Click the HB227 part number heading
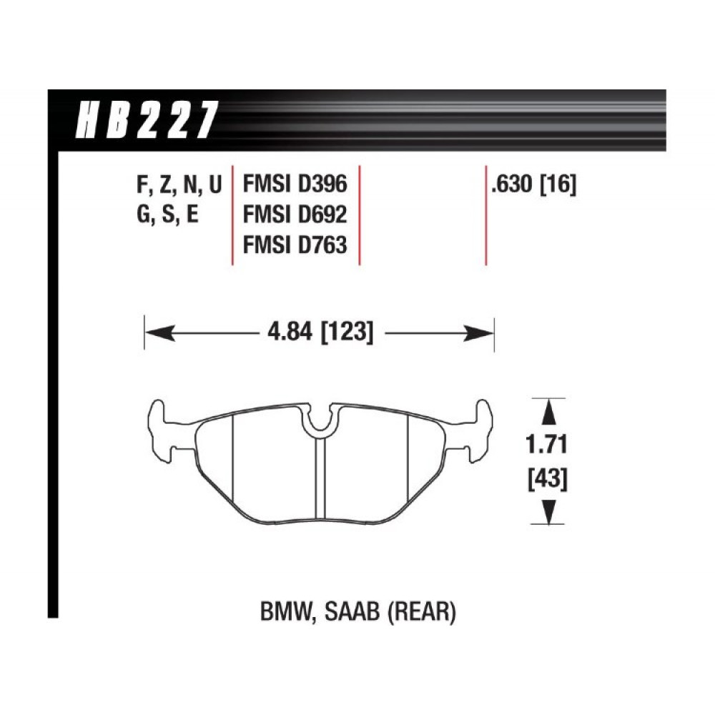[147, 120]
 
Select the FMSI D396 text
[295, 184]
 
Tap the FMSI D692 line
[295, 214]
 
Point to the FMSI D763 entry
[295, 245]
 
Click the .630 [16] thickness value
[533, 184]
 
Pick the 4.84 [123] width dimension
[320, 332]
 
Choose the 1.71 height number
[546, 445]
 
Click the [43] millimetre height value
[548, 479]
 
